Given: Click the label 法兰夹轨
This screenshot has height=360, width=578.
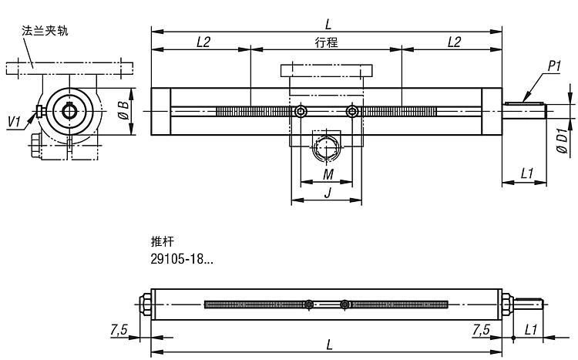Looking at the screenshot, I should [x=45, y=31].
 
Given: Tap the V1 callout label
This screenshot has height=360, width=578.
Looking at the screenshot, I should [x=14, y=121].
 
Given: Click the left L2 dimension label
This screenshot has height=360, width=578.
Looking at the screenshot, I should [x=203, y=42].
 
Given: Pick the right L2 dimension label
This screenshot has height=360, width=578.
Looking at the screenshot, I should [x=454, y=42].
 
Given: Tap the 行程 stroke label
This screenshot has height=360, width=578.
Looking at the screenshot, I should [x=327, y=42].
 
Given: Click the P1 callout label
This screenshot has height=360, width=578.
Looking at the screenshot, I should [x=553, y=67].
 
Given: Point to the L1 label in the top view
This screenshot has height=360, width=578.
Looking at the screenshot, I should [x=527, y=175].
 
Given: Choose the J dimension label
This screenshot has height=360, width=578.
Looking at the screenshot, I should [x=328, y=193].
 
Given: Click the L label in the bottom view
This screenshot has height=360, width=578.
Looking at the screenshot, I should [x=329, y=345].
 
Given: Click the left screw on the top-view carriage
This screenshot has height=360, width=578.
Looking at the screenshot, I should [x=301, y=112].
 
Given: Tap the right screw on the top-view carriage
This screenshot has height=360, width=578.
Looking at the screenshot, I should [x=353, y=112].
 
